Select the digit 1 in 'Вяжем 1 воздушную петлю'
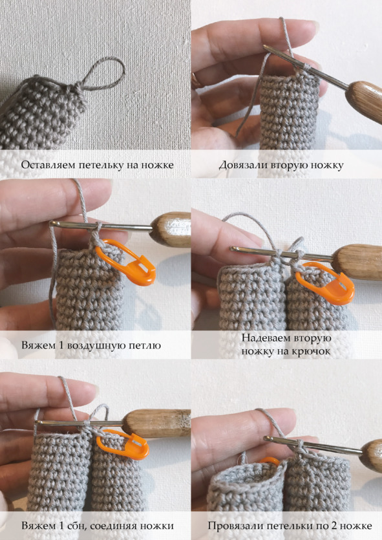[61, 345]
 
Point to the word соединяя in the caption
[127, 526]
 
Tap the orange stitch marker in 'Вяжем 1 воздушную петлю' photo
[126, 262]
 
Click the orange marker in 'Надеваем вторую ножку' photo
[325, 283]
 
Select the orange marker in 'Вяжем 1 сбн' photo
[123, 444]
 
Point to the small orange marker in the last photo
[270, 460]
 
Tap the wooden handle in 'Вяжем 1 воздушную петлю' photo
[171, 229]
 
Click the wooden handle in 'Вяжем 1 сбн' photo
[156, 423]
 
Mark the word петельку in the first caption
[101, 165]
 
